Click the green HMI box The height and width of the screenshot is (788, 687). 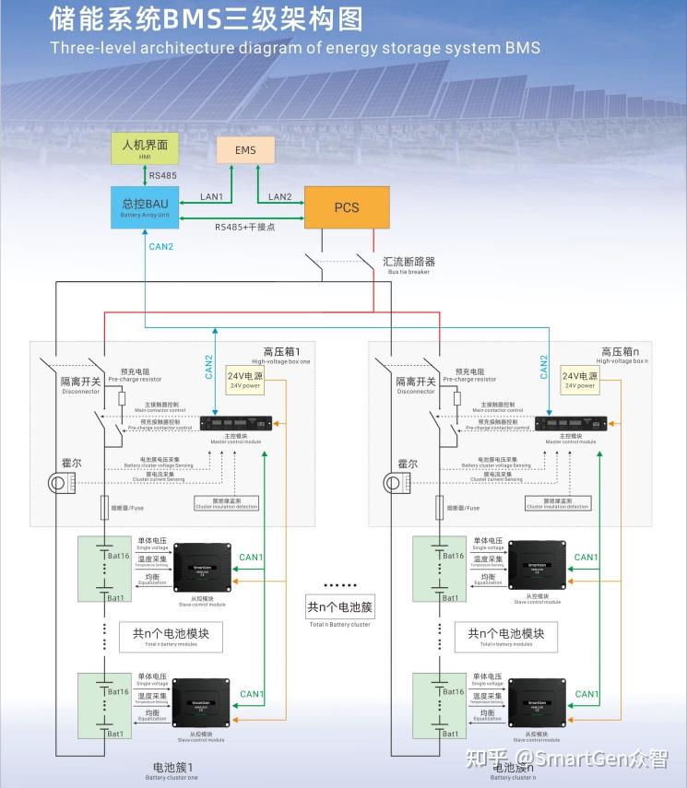point(145,148)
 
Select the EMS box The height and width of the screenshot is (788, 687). point(245,150)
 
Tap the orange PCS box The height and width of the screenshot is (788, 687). point(347,207)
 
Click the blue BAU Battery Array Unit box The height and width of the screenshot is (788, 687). point(145,206)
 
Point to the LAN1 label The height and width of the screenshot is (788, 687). point(211,197)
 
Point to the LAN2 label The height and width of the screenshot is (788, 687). point(279,197)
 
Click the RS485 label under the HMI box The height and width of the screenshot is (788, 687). point(162,175)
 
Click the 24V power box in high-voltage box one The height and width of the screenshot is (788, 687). point(243,379)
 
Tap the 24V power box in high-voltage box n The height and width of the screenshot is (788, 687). point(579,379)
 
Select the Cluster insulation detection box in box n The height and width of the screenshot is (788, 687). point(558,503)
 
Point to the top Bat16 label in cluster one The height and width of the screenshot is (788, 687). point(117,556)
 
